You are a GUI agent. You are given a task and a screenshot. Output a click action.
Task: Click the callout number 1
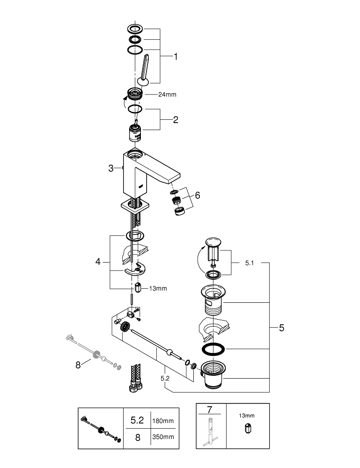(x=176, y=57)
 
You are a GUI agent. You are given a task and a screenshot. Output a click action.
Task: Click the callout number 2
(x=176, y=120)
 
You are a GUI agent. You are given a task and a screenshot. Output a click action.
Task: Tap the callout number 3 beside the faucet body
(x=111, y=168)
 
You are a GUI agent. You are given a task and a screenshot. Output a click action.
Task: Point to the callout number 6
(x=197, y=195)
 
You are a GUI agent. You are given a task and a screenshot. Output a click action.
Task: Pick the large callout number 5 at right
(x=281, y=328)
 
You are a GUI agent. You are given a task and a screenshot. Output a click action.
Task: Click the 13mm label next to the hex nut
(x=158, y=288)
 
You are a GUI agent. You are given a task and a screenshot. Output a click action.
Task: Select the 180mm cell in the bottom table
(x=162, y=421)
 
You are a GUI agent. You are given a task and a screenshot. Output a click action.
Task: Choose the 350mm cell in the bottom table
(x=162, y=437)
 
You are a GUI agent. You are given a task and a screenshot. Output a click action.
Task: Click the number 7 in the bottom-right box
(x=211, y=410)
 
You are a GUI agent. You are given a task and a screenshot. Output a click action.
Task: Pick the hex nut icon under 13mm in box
(x=247, y=428)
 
